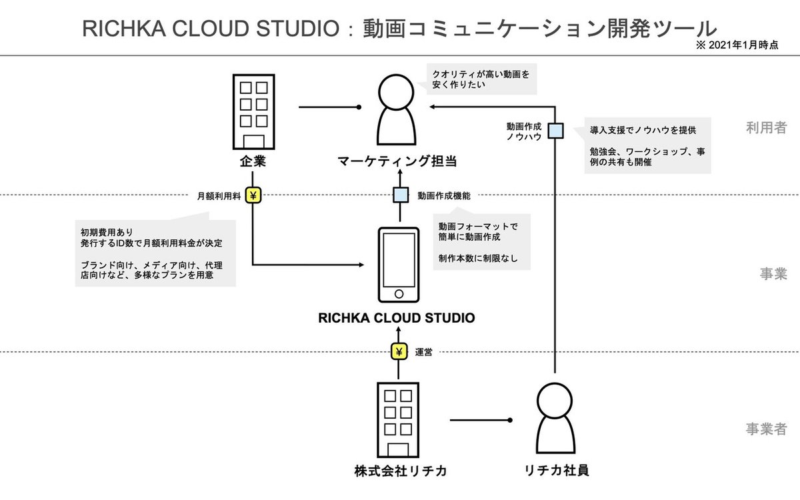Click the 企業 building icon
(253, 111)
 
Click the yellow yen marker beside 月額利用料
(254, 195)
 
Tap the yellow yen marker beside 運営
(399, 352)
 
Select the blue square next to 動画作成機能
(399, 195)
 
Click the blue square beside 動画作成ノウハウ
(555, 131)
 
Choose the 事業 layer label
(773, 274)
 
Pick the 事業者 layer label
(766, 429)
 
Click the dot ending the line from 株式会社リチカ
(510, 420)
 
